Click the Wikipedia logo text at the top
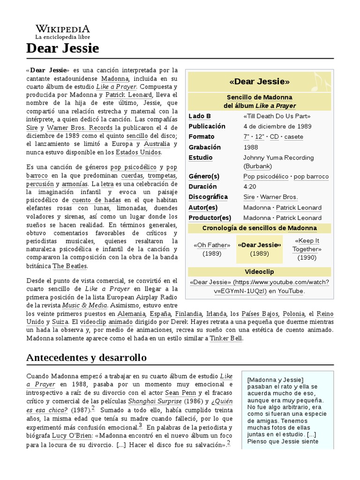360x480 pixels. tap(62, 29)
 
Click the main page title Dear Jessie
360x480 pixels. tap(62, 48)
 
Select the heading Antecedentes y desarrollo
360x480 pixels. tap(87, 358)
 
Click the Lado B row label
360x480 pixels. tap(200, 116)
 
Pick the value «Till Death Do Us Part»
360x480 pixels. tap(277, 116)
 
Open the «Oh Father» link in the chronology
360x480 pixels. tap(212, 245)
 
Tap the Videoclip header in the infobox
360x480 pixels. tap(259, 272)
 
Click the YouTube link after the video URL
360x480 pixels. tap(291, 291)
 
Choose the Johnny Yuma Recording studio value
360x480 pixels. tap(278, 157)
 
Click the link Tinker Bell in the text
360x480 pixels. tap(226, 338)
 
